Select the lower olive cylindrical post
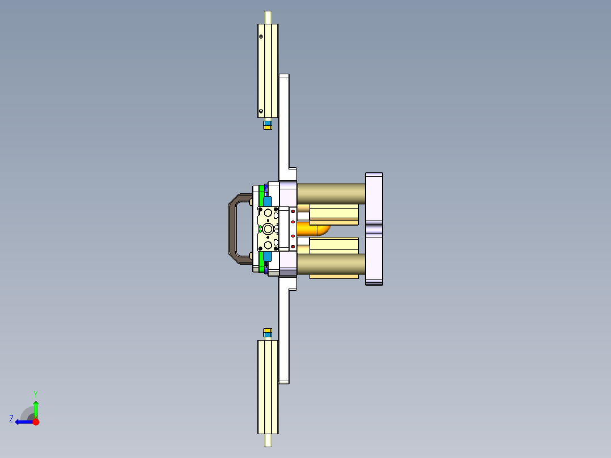point(330,263)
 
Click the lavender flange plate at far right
point(374,228)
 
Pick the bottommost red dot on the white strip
point(292,246)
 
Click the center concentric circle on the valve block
point(268,228)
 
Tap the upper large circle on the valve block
point(268,213)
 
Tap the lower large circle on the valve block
point(268,245)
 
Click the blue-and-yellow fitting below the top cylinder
point(268,125)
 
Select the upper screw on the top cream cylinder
point(261,37)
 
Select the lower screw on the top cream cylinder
point(261,111)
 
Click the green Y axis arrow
point(36,407)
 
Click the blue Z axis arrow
point(22,422)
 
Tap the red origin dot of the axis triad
point(36,422)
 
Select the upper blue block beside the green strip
point(268,201)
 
